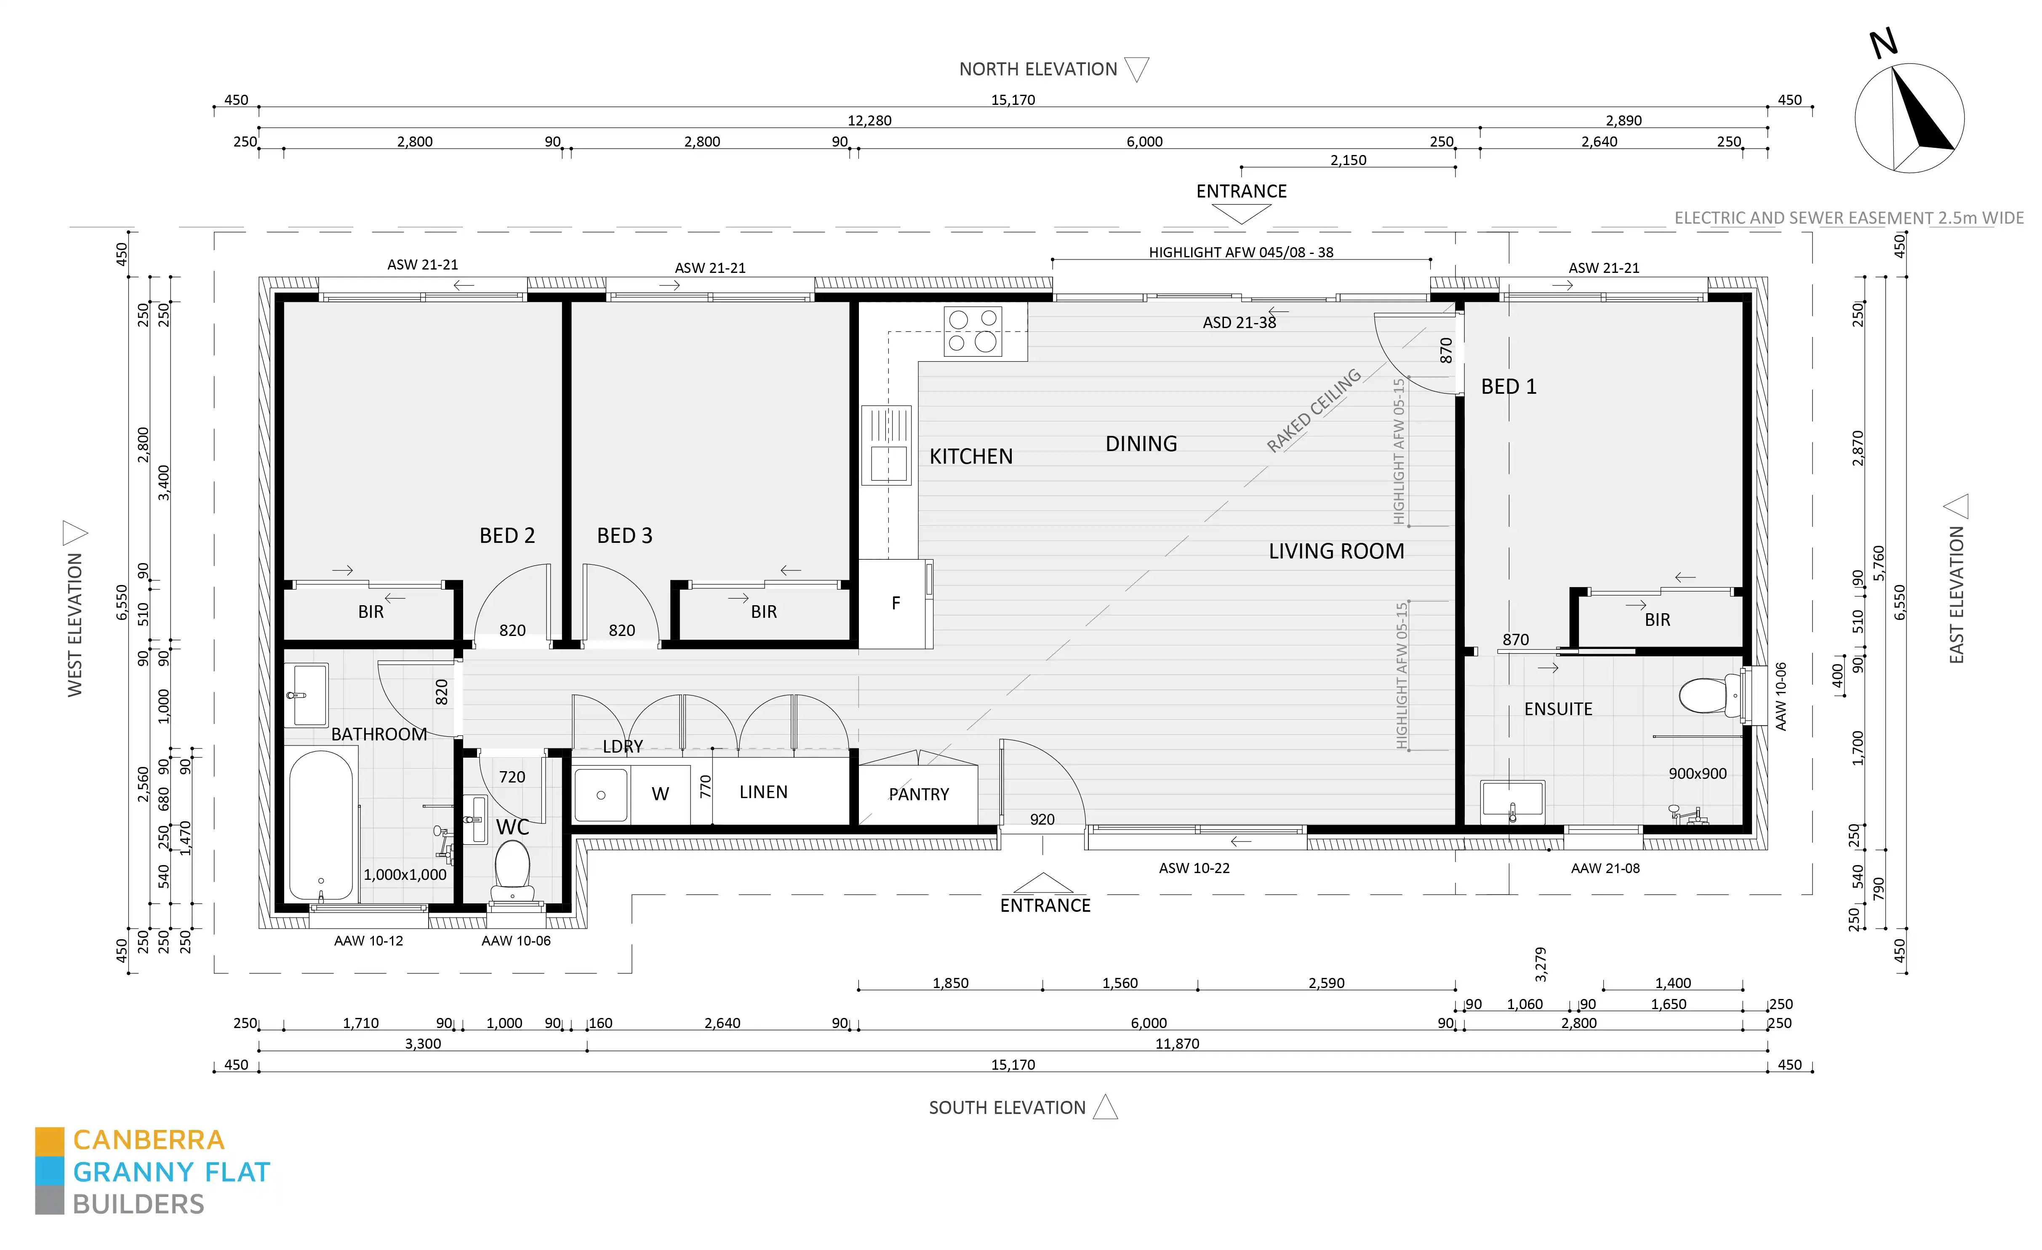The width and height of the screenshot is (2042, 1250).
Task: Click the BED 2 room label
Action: coord(507,535)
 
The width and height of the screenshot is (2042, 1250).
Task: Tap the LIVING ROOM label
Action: coord(1336,551)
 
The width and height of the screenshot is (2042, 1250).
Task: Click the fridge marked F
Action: coord(895,604)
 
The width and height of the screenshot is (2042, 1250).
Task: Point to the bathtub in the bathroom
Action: coord(321,825)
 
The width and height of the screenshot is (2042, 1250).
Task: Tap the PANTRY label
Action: coord(918,794)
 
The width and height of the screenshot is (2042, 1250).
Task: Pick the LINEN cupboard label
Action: coord(763,792)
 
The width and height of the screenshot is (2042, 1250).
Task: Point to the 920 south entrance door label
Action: coord(1042,819)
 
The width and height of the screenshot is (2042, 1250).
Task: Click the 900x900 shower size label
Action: coord(1697,773)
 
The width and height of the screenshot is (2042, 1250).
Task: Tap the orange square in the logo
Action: coord(49,1140)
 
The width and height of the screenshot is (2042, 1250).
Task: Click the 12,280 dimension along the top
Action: coord(869,120)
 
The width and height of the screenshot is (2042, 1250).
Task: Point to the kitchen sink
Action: coord(886,445)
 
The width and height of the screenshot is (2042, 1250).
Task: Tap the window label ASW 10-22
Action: coord(1193,868)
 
